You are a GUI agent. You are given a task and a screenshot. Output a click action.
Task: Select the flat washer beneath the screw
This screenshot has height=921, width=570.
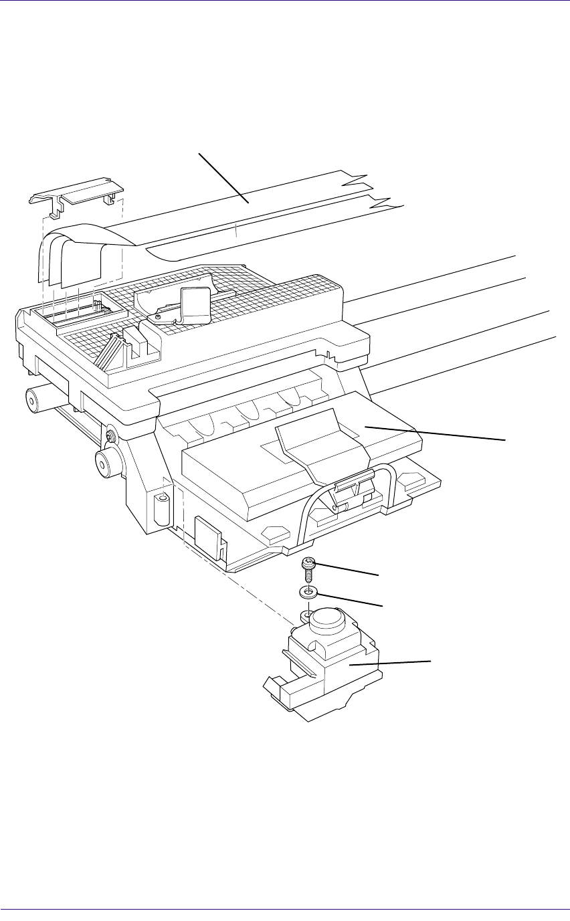click(307, 592)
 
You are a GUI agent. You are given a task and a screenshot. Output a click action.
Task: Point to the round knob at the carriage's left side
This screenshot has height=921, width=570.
click(106, 462)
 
